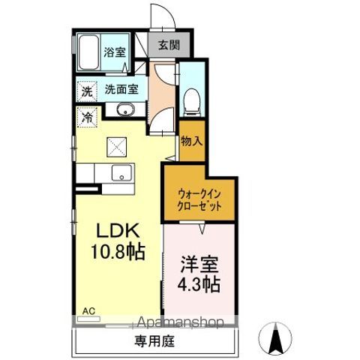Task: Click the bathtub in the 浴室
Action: (x=88, y=52)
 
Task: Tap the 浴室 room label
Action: (x=115, y=52)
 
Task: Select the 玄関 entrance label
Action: (x=169, y=45)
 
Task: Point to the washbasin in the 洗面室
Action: (x=126, y=109)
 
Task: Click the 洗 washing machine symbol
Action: (x=87, y=91)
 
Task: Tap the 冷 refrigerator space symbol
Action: (x=87, y=117)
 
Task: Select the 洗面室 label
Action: (x=121, y=89)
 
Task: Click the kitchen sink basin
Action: (x=121, y=172)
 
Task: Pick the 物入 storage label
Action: (x=192, y=142)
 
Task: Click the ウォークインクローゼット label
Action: (x=199, y=200)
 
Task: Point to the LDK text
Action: (x=118, y=231)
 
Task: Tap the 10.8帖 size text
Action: (x=118, y=251)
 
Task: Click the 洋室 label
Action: (x=199, y=265)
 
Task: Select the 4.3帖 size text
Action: (x=199, y=284)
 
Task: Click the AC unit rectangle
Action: (x=88, y=319)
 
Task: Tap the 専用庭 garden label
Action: (x=154, y=341)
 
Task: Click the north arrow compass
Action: (x=275, y=338)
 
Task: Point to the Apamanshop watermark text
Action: (x=180, y=322)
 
